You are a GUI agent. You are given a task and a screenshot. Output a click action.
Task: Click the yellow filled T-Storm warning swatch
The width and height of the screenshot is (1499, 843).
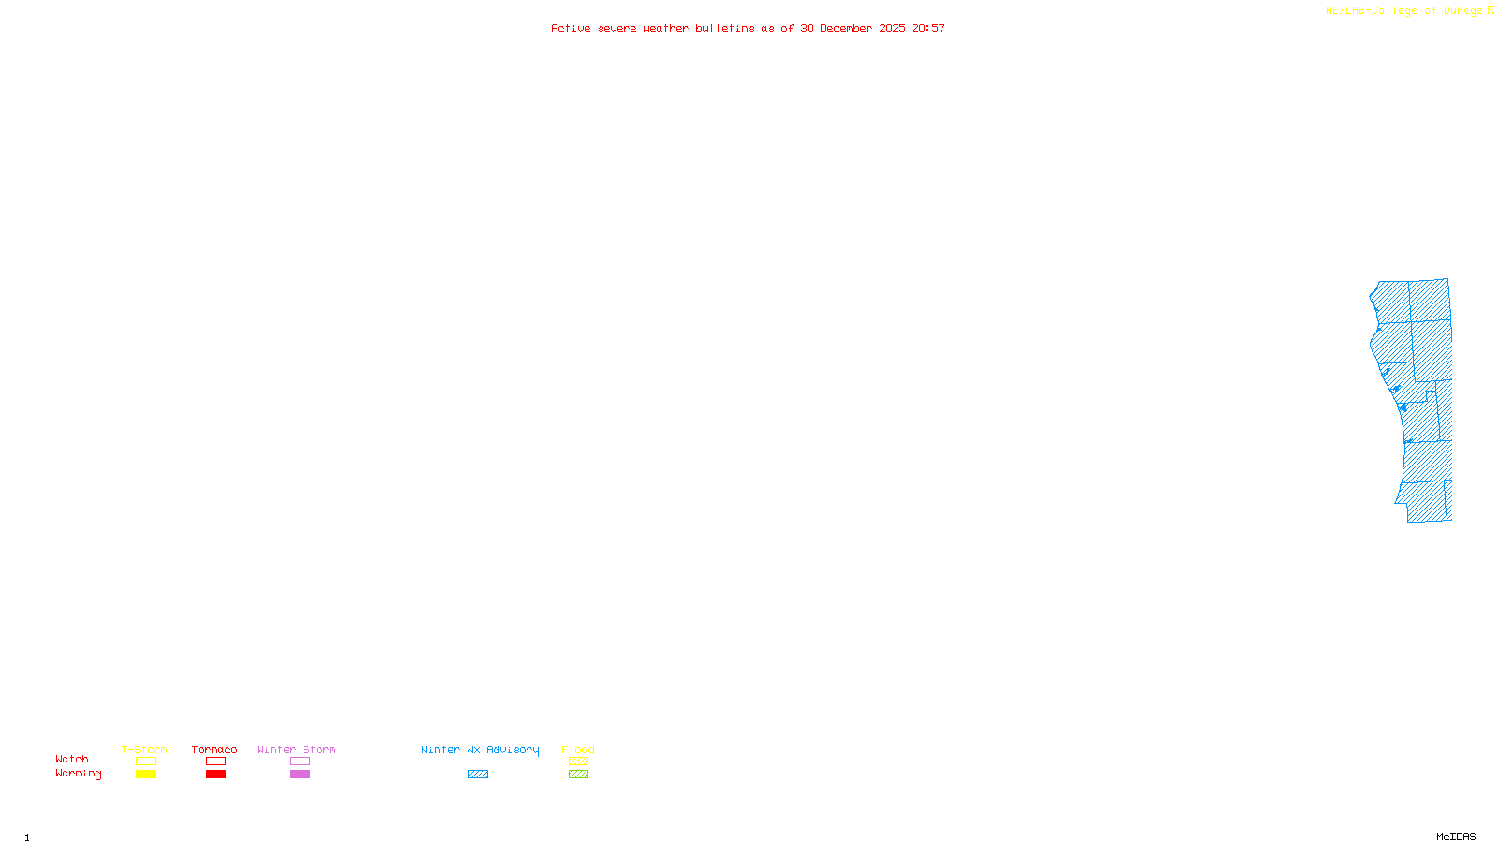(x=145, y=775)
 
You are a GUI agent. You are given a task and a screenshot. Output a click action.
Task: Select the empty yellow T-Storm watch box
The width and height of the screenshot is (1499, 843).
(x=145, y=762)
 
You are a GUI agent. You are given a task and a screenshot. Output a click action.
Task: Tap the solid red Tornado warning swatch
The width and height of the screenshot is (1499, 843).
(x=216, y=775)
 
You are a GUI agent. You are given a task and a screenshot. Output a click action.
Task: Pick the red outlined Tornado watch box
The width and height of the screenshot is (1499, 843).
(x=216, y=762)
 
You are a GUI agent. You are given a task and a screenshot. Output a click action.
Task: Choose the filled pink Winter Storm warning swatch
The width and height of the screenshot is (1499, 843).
(x=300, y=775)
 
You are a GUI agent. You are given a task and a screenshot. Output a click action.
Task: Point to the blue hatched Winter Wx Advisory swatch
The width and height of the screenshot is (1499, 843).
(x=478, y=775)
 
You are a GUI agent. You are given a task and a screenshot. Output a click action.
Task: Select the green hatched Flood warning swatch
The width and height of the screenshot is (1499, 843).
(x=578, y=775)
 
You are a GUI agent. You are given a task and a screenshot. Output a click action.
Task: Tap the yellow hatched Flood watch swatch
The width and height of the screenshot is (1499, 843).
(x=578, y=762)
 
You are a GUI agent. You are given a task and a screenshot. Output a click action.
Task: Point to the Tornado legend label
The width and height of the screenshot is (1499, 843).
(x=215, y=749)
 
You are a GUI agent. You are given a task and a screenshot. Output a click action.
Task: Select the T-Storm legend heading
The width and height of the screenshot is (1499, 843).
(x=144, y=749)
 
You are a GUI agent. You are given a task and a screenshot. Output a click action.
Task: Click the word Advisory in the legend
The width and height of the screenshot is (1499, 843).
(x=512, y=749)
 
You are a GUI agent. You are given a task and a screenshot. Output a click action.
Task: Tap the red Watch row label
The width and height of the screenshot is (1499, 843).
(x=72, y=759)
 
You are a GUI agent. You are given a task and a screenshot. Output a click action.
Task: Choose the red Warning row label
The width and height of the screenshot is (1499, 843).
(x=78, y=774)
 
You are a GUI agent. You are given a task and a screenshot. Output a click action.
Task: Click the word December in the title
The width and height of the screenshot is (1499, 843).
(x=846, y=28)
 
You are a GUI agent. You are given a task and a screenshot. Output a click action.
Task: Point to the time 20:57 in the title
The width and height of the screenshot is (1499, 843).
(x=928, y=28)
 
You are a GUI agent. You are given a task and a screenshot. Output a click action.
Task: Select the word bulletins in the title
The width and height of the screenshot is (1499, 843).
(x=724, y=28)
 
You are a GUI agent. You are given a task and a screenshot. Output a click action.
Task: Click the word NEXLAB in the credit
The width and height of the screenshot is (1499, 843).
(x=1344, y=11)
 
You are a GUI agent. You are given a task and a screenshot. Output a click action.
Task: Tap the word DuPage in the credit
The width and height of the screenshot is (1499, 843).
(x=1462, y=11)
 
